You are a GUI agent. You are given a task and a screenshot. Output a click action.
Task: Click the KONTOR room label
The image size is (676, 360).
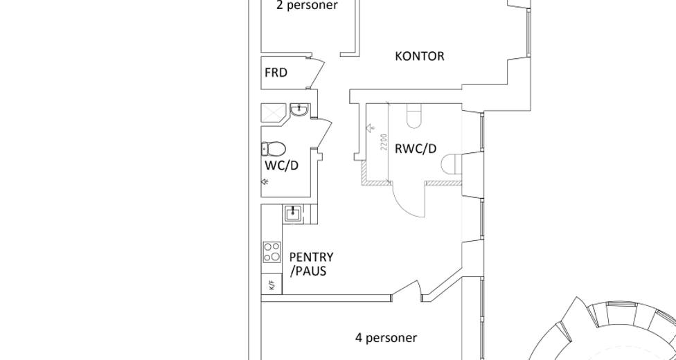coord(420,57)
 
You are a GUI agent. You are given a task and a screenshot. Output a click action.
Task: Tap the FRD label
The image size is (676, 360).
coord(276,73)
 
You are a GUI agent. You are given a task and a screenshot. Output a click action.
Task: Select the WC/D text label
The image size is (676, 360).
coord(281,165)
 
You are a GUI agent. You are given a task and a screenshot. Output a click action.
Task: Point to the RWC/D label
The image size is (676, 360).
coord(416,149)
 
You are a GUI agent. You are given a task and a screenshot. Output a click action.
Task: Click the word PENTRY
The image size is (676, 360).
coord(311,258)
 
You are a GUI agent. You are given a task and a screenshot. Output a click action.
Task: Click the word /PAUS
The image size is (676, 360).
coord(308,271)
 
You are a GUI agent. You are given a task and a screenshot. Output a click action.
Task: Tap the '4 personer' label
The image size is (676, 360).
coord(386,338)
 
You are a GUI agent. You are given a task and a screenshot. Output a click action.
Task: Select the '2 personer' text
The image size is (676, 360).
coord(307,5)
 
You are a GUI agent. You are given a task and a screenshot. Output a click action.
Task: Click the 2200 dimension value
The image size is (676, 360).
coord(384,143)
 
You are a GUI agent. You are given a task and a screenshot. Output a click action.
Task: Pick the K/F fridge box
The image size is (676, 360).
coord(272,285)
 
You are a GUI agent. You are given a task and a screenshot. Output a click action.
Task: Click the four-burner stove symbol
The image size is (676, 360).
coord(272,252)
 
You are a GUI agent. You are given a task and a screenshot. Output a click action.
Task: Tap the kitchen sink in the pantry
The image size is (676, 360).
coord(293,213)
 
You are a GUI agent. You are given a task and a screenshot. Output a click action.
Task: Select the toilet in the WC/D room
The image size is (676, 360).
coord(274,149)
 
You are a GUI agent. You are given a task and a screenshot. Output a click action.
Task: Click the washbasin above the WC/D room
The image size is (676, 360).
coord(299,110)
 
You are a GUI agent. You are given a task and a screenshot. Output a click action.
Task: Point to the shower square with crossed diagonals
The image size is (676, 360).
coord(274,113)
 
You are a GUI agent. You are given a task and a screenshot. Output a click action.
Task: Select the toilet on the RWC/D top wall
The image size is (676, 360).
coord(414,116)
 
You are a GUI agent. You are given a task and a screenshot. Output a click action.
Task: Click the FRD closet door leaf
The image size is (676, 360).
coord(317,73)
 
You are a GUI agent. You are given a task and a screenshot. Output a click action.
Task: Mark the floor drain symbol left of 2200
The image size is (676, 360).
coord(369,128)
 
